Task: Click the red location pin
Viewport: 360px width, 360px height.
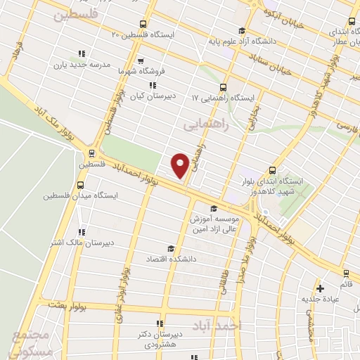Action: (181, 165)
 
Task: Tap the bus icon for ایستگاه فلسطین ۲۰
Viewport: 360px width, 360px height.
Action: (144, 23)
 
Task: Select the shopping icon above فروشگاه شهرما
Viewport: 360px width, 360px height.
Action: (141, 60)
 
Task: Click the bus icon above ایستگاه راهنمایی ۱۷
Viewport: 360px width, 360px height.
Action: (224, 87)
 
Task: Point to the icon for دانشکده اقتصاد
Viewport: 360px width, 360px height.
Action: (169, 248)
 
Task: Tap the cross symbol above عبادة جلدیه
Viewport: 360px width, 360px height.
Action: (320, 288)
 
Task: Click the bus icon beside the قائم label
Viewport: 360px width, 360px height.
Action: (345, 273)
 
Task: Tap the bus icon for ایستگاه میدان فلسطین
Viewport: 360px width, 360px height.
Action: (79, 185)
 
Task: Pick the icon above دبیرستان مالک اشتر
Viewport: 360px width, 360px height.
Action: (82, 232)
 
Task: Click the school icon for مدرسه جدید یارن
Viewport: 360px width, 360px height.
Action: (82, 53)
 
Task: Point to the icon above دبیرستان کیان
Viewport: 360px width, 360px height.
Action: (153, 85)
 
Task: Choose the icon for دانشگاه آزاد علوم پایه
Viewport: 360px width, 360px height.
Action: (242, 30)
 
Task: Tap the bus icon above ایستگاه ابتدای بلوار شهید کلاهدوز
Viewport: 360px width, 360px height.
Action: (272, 170)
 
